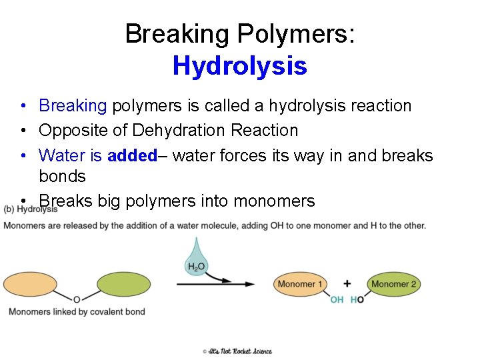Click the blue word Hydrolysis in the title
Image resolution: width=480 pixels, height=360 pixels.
point(239,66)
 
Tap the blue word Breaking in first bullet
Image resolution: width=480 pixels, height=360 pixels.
point(73,105)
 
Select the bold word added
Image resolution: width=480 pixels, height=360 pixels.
point(131,155)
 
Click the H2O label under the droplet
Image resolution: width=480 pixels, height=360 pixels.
point(196,267)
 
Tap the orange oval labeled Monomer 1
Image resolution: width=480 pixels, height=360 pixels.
point(300,284)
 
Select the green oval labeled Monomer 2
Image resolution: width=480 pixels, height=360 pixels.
point(393,284)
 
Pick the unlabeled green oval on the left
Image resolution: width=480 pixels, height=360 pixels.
point(123,285)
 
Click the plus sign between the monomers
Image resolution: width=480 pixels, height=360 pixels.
point(347,284)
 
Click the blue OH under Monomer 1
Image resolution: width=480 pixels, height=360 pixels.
point(337,300)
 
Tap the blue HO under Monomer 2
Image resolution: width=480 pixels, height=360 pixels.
point(357,300)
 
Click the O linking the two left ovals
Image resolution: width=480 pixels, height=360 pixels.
point(77,300)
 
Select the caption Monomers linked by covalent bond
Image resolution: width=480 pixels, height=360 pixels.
point(77,312)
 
